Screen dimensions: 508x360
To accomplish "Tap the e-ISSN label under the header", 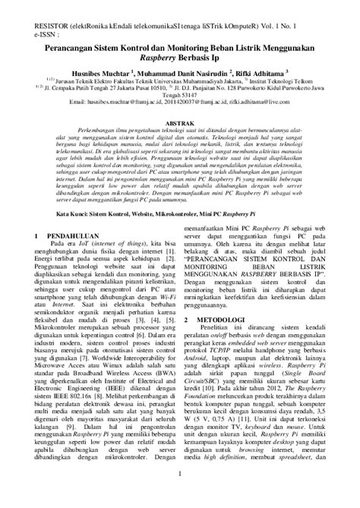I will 16,24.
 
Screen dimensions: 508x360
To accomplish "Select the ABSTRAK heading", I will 179,120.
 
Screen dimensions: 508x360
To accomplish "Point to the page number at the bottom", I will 180,497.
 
